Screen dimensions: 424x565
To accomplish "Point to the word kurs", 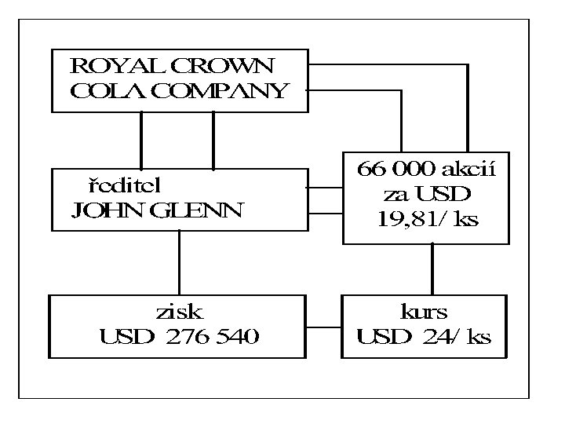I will tap(425, 312).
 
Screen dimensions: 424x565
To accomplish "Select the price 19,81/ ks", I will tap(428, 219).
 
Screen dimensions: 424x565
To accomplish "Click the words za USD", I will tap(428, 194).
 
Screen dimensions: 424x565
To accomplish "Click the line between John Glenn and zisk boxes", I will tap(180, 262).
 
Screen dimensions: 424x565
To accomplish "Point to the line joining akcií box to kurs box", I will tap(431, 269).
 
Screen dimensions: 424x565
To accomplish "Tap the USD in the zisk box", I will tap(123, 338).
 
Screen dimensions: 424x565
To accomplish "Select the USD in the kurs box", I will tap(385, 338).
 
